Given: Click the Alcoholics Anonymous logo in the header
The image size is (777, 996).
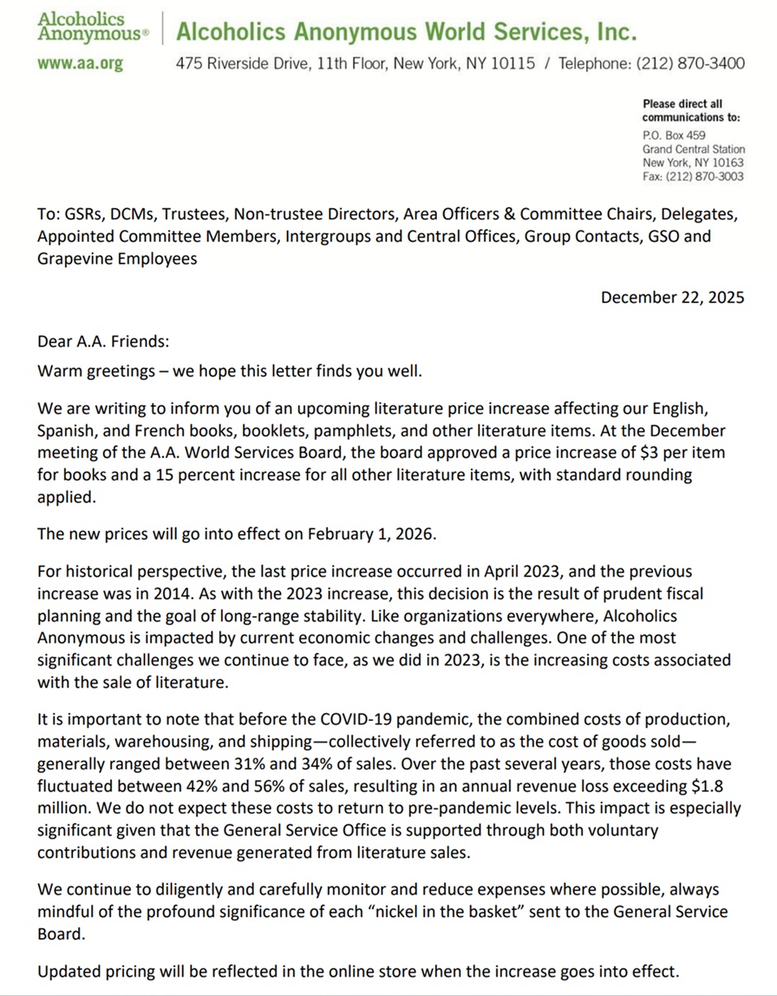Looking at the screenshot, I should [93, 26].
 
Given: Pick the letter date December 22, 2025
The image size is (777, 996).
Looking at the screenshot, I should [671, 297].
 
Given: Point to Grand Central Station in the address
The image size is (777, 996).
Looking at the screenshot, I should [693, 150].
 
